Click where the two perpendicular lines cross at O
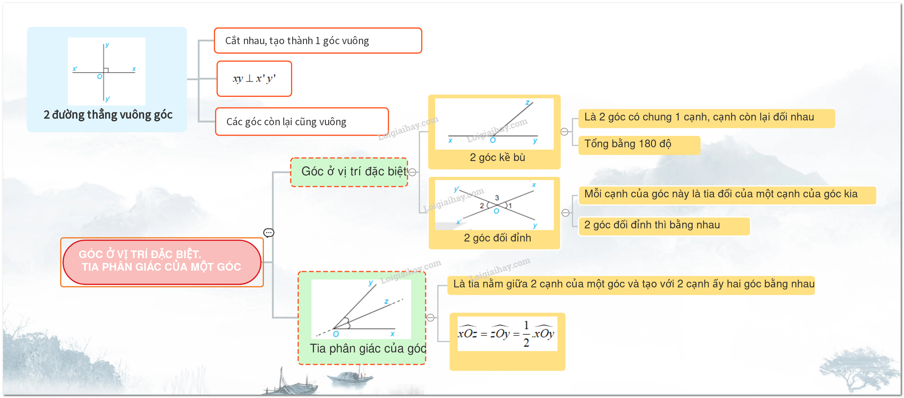[x=104, y=72]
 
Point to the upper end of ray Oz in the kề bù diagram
[x=533, y=102]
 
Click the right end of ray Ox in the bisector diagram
[x=395, y=329]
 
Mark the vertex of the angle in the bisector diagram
[x=333, y=329]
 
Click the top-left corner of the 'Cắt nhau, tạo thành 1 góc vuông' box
[x=215, y=28]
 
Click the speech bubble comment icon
[x=269, y=233]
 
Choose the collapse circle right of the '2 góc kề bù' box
[x=564, y=132]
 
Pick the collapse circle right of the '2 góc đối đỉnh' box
[x=565, y=213]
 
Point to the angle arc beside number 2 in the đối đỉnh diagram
[x=488, y=205]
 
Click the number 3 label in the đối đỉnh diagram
[x=497, y=198]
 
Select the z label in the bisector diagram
[x=386, y=301]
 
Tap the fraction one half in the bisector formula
[x=526, y=334]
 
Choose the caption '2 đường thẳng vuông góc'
[x=108, y=115]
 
